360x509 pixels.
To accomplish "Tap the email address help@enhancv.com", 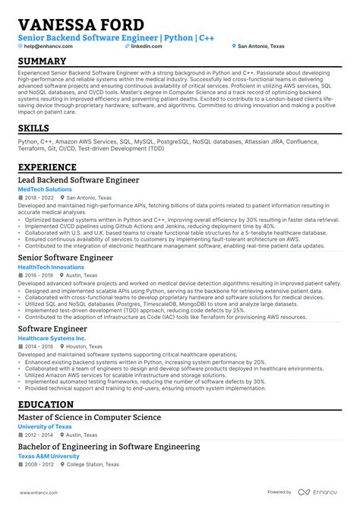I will [49, 46].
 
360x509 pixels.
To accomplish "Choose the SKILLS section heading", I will [34, 128].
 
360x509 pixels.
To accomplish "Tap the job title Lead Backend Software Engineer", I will [78, 180].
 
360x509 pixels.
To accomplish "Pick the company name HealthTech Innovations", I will [51, 267].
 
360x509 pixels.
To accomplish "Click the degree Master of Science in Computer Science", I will [90, 417].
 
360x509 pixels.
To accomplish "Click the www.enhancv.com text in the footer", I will [39, 492].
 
